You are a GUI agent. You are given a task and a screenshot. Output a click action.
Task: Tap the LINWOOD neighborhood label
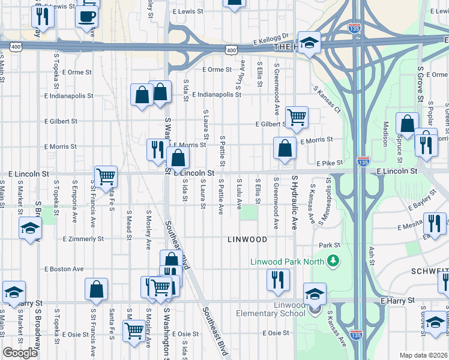click(x=247, y=239)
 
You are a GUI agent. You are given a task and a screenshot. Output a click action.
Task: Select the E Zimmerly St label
click(x=83, y=239)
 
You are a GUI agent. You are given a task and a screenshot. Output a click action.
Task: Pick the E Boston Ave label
click(x=64, y=269)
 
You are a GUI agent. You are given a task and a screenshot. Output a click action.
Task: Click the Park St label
click(x=330, y=245)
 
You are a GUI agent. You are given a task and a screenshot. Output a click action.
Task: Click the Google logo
click(x=20, y=353)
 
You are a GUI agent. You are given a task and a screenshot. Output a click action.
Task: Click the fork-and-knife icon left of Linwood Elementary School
click(x=278, y=279)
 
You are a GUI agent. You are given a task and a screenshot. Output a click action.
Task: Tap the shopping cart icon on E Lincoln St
click(x=106, y=176)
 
